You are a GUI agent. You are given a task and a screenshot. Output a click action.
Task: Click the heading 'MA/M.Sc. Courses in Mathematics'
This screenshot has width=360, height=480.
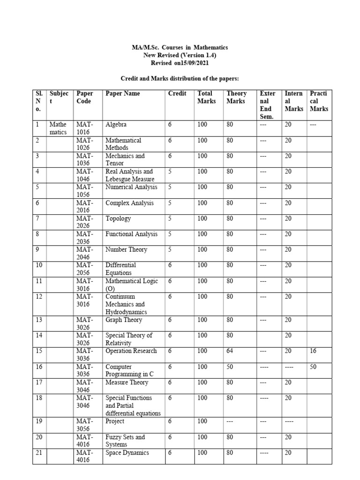[180, 47]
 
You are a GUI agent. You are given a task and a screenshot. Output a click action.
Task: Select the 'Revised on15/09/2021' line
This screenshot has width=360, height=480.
[180, 62]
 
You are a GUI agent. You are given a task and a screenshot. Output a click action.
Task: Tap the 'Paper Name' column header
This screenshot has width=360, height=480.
[123, 93]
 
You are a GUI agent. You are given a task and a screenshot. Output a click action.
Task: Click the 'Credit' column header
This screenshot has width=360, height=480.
[177, 93]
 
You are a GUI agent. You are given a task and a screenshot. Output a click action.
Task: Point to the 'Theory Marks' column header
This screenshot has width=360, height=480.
[236, 97]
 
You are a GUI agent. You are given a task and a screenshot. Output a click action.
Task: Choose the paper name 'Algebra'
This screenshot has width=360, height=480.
[116, 125]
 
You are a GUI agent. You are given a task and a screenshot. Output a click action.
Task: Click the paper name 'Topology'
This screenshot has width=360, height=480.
[118, 218]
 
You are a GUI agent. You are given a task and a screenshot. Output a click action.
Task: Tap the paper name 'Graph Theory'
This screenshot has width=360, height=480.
[124, 320]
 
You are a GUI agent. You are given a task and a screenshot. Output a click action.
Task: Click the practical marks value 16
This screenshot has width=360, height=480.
[314, 351]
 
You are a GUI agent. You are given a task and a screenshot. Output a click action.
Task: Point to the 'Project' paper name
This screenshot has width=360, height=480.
[115, 421]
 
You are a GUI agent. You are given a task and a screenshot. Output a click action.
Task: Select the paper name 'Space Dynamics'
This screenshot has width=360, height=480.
[127, 453]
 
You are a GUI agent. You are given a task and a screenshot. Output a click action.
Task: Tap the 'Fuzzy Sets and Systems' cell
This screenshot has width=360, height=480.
[125, 441]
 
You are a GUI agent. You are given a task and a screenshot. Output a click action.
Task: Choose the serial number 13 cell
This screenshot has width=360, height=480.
[39, 320]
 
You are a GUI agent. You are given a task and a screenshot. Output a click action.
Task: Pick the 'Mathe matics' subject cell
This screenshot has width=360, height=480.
[59, 128]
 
